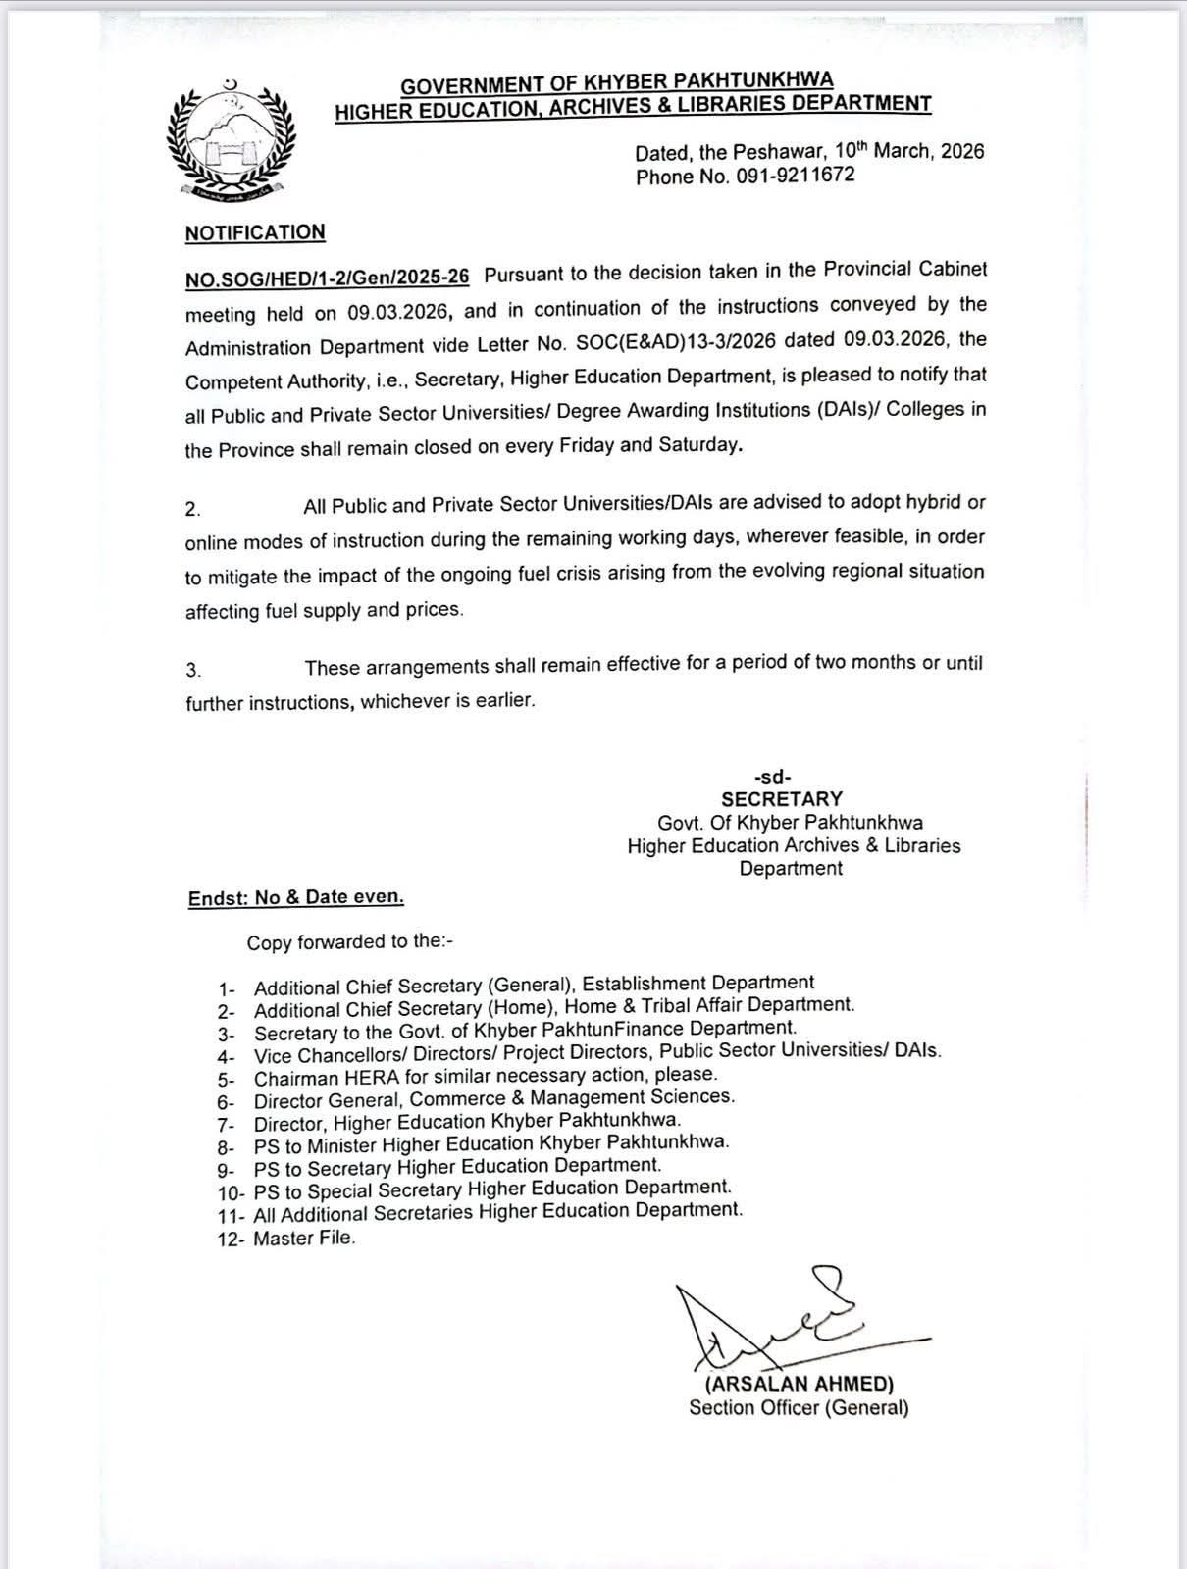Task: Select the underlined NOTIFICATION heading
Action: [255, 232]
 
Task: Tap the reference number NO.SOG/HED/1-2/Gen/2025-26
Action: [328, 278]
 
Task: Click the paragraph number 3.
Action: [193, 670]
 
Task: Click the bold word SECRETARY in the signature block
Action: [782, 799]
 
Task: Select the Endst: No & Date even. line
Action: [296, 897]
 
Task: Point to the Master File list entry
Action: [304, 1239]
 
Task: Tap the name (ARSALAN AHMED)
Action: [800, 1384]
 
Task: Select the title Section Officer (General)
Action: [799, 1408]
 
